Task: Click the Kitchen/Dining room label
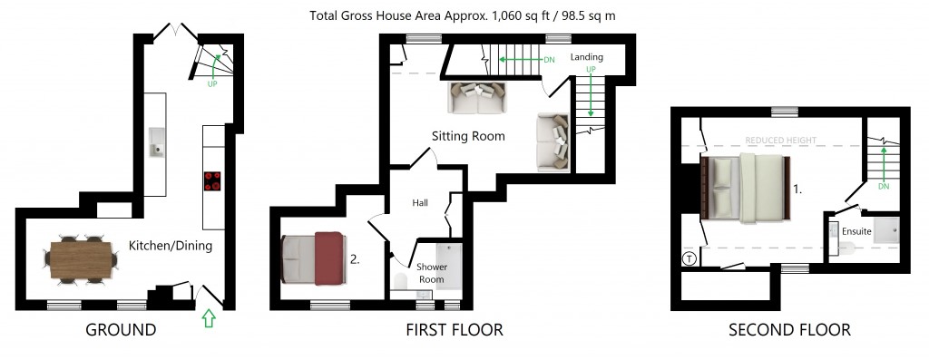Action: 170,246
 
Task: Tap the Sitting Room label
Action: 467,136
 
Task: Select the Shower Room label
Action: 431,273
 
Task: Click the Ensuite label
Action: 856,232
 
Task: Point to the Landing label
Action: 586,57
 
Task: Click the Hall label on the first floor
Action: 419,203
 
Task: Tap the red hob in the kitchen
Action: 213,181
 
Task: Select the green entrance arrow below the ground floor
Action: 209,318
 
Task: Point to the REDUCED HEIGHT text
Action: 780,141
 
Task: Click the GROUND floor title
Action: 121,330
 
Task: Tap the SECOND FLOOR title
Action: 789,330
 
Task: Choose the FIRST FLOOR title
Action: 454,330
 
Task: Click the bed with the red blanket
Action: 314,258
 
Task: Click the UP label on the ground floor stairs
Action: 212,84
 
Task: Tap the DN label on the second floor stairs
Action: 883,186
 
